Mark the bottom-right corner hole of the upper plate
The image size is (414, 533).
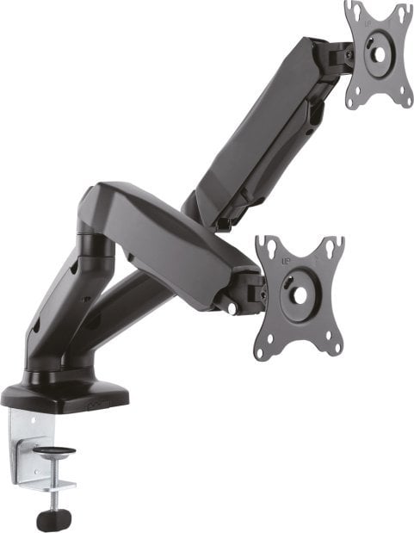(x=402, y=100)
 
